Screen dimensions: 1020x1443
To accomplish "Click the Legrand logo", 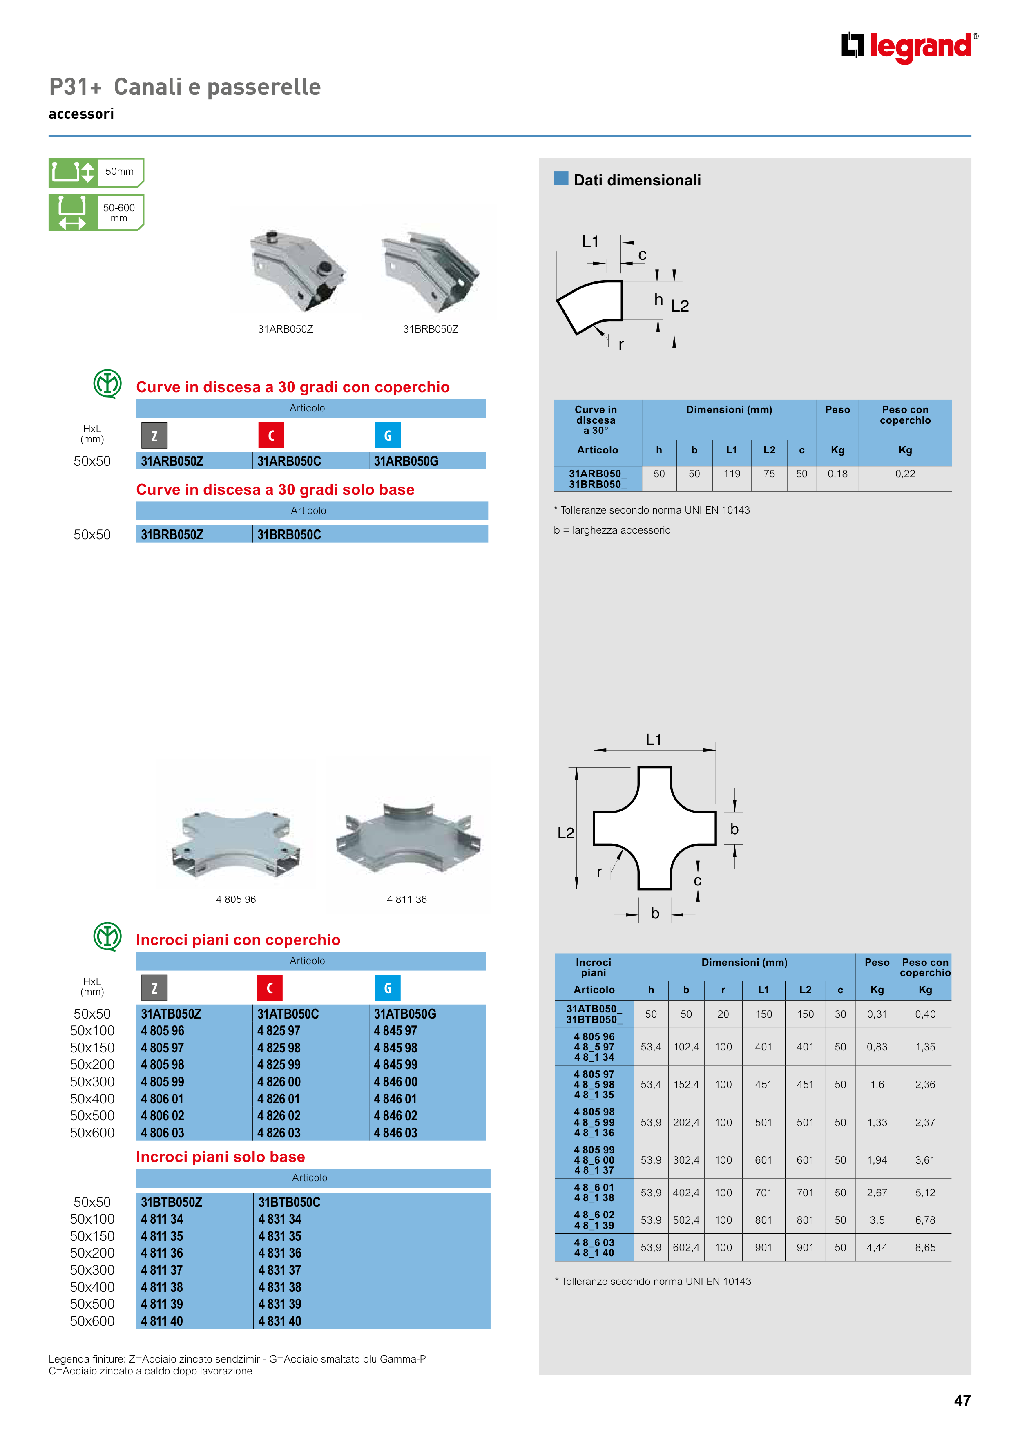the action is [x=909, y=47].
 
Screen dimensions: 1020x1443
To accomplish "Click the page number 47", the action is [x=962, y=1400].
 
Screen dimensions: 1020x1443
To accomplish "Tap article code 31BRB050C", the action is [x=289, y=535].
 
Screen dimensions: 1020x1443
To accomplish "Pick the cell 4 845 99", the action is [x=395, y=1065].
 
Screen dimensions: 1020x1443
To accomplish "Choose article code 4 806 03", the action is [x=162, y=1133].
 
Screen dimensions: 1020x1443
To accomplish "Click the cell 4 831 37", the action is [x=280, y=1270].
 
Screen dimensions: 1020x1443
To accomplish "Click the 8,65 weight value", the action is [x=925, y=1248].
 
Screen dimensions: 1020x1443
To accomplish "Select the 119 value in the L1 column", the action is [x=732, y=474].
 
